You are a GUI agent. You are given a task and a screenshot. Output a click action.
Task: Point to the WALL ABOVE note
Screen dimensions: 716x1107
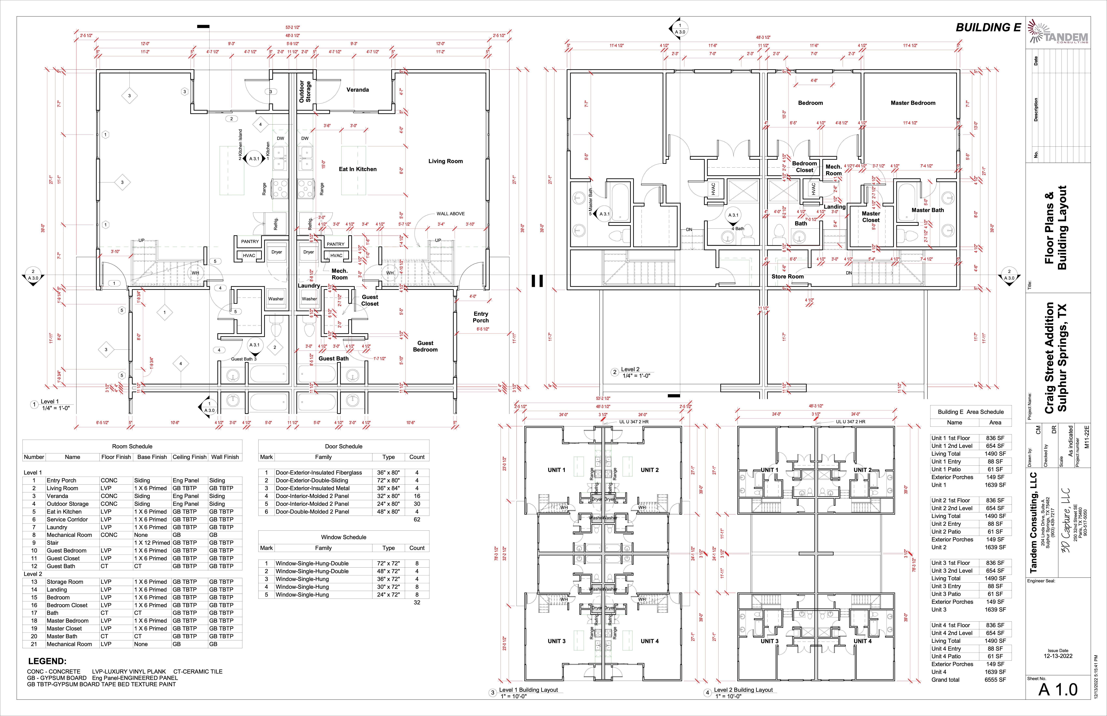(450, 214)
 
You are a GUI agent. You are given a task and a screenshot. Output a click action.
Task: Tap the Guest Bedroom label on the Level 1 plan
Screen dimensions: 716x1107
(425, 346)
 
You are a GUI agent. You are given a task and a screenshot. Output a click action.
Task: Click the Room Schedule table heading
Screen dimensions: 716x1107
(132, 446)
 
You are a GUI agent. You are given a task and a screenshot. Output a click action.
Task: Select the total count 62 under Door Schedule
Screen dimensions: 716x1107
(417, 519)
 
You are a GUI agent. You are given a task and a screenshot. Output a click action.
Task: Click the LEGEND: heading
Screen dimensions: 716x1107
(47, 661)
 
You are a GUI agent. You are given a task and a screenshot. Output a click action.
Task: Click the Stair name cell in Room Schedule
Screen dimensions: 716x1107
(53, 543)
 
